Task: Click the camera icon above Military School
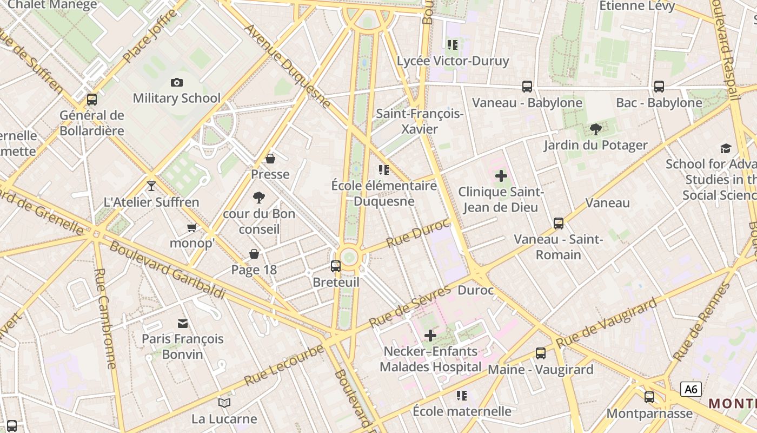click(x=176, y=82)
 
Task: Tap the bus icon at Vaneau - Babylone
click(x=527, y=86)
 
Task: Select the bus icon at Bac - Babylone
click(x=659, y=86)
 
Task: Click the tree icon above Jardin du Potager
click(x=596, y=129)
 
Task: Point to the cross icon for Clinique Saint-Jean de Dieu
click(x=501, y=175)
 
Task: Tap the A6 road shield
click(x=691, y=389)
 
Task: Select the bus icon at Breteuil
click(x=336, y=266)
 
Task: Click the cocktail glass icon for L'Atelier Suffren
click(x=151, y=186)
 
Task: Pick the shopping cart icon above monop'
click(x=191, y=227)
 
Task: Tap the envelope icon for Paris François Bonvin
click(x=183, y=323)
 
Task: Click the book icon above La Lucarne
click(x=224, y=403)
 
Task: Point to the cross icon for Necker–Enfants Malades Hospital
click(x=430, y=336)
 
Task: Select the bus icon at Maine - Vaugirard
click(x=541, y=353)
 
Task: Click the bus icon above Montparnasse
click(x=649, y=397)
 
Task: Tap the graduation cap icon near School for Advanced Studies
click(x=726, y=148)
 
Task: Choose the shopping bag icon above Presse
click(x=270, y=158)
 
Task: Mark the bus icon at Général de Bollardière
click(x=92, y=100)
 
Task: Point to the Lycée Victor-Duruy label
click(x=453, y=61)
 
